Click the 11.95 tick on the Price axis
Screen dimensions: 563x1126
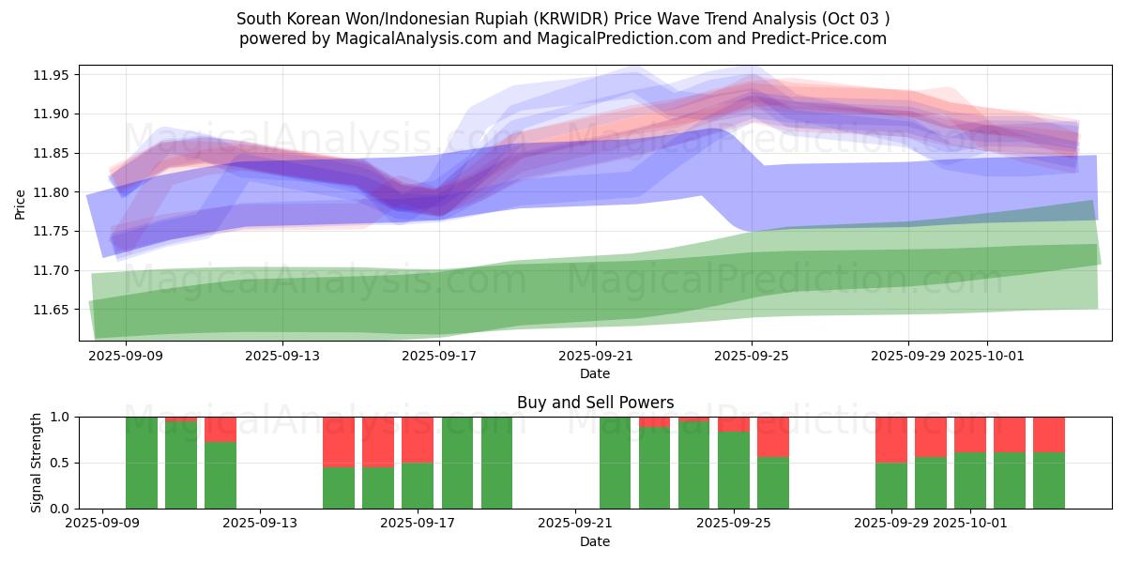click(x=53, y=75)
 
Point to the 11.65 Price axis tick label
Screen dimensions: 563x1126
click(x=53, y=310)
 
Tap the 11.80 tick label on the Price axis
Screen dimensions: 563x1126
click(x=53, y=192)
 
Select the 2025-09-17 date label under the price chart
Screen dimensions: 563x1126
click(x=438, y=357)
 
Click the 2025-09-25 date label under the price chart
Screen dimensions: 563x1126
click(x=752, y=357)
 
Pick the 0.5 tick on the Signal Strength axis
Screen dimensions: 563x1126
click(x=62, y=463)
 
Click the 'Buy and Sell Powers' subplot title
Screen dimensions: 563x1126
click(x=595, y=403)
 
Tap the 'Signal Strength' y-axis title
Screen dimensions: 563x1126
click(x=37, y=463)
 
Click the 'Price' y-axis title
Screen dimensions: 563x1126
click(x=21, y=203)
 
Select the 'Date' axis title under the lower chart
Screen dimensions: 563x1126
click(x=595, y=541)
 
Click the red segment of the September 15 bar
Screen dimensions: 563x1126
click(x=339, y=441)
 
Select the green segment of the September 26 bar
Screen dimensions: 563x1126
click(x=773, y=482)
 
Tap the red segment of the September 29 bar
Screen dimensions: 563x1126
click(x=891, y=439)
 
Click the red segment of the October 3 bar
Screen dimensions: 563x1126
click(x=1049, y=434)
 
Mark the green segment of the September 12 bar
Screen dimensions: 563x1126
click(x=221, y=475)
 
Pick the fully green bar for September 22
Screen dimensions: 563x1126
click(x=616, y=463)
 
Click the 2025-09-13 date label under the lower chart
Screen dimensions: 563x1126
click(x=259, y=524)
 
